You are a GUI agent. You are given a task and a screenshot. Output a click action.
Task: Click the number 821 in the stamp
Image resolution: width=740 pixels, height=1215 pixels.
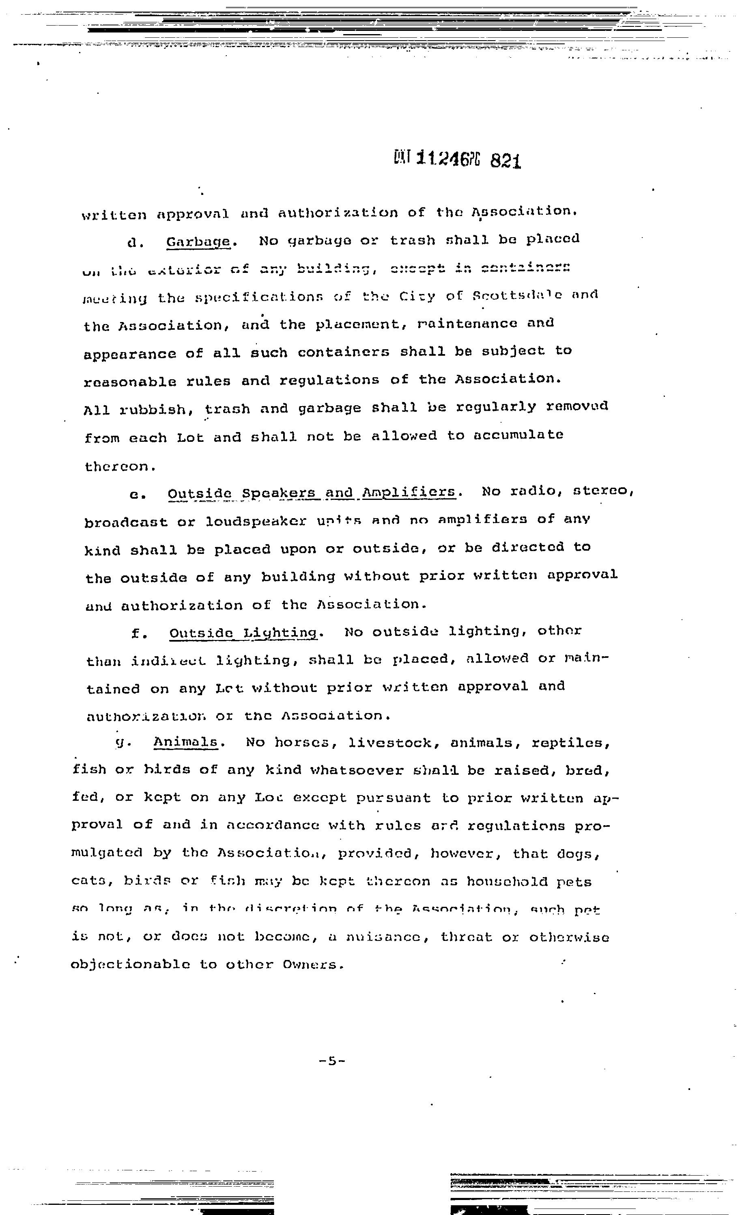coord(506,161)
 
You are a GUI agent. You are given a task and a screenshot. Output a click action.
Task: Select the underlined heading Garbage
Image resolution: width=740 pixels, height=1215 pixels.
coord(198,242)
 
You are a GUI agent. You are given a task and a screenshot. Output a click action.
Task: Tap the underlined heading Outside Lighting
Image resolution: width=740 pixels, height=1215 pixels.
coord(243,633)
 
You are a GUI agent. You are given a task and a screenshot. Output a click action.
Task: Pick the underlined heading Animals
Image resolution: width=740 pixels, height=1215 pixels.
coord(186,742)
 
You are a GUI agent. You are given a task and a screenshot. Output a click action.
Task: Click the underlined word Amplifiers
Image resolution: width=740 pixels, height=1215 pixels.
coord(409,492)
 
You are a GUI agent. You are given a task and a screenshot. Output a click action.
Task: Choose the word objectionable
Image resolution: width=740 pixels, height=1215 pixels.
coord(131,964)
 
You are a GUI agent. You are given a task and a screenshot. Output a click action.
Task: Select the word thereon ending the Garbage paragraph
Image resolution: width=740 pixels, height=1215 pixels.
coord(120,466)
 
